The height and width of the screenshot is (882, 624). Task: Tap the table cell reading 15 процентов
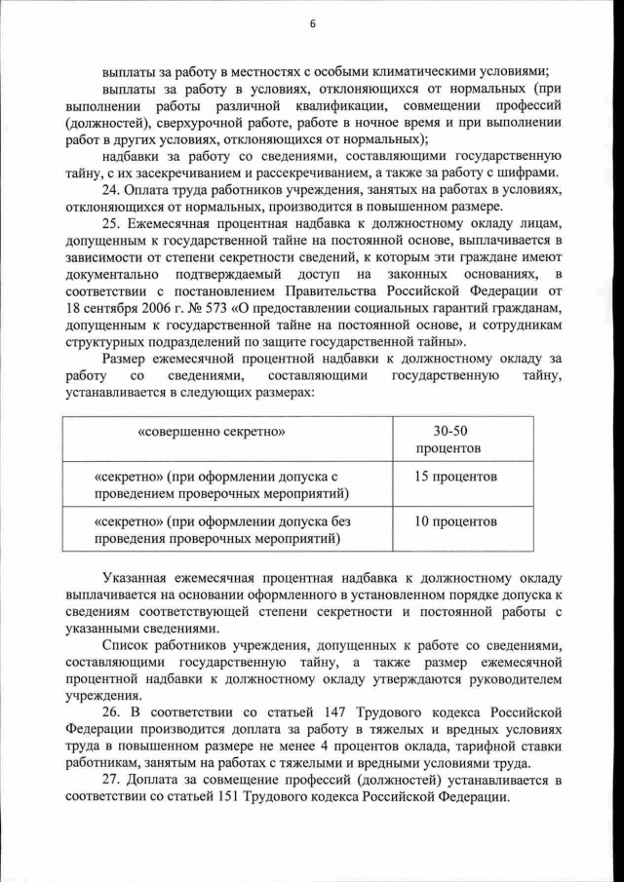click(x=455, y=477)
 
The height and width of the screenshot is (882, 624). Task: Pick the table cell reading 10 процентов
click(x=455, y=520)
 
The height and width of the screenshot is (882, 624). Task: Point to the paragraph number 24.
click(x=111, y=188)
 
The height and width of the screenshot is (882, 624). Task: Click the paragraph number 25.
click(x=111, y=223)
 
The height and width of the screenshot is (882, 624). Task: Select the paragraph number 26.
click(x=111, y=713)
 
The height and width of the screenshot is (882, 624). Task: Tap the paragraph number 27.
click(x=111, y=782)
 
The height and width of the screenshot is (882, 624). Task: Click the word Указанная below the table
click(x=136, y=578)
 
